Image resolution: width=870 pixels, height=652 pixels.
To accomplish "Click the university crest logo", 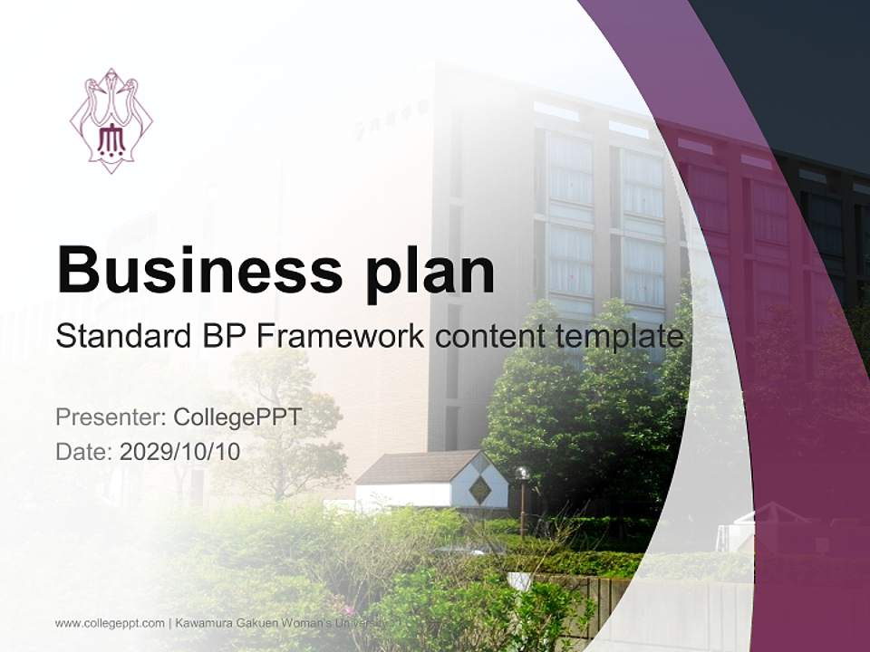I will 111,120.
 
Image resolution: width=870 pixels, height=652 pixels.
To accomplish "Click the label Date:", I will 84,451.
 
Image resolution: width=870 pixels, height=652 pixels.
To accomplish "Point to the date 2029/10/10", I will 179,451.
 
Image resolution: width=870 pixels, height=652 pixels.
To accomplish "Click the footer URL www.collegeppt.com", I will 110,623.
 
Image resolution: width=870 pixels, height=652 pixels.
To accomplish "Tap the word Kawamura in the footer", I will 208,623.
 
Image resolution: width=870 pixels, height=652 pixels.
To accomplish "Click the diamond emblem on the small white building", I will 479,490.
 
